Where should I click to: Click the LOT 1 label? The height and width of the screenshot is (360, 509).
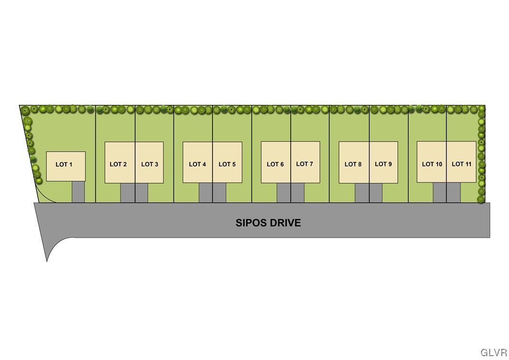point(64,164)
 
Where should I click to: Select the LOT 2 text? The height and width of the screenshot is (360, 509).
point(118,164)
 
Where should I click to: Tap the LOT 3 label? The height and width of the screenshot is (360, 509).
point(150,164)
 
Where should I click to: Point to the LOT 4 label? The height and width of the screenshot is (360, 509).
point(198,164)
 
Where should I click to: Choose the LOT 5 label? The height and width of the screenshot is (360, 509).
point(227,164)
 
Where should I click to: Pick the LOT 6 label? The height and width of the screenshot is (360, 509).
point(275,164)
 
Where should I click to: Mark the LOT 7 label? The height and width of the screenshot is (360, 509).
point(305,164)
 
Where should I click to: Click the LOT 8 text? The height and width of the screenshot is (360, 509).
point(353,164)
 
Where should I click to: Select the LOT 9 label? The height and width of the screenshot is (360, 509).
point(383,164)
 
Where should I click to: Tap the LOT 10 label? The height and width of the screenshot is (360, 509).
point(432,164)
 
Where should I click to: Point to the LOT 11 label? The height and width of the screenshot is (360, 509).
point(462,164)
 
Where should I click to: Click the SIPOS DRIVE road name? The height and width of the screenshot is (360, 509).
point(268,223)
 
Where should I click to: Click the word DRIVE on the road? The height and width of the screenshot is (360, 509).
point(284,223)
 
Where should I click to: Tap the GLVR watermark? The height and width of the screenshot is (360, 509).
point(494,353)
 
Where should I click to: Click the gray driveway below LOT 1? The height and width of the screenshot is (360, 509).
point(78,192)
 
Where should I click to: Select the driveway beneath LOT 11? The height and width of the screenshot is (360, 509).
point(454,192)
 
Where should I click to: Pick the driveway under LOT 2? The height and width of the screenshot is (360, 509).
point(127,193)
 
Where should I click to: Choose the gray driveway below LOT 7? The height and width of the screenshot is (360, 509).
point(297,193)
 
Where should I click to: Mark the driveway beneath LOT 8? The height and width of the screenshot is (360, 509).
point(362,193)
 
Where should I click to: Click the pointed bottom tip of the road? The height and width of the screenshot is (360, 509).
point(47,261)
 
